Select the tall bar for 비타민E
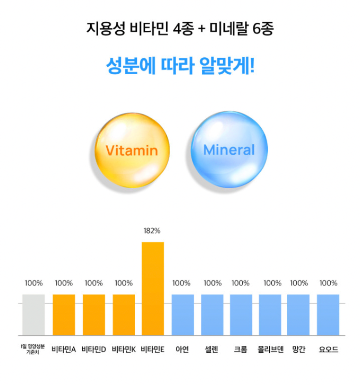(153, 288)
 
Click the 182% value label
(152, 231)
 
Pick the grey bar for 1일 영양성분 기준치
(34, 315)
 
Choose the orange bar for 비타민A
(64, 315)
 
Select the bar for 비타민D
(94, 315)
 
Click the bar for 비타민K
(124, 315)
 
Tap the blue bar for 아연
(182, 315)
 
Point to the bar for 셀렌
(212, 315)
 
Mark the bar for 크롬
(241, 315)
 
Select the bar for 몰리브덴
(270, 315)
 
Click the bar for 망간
(299, 315)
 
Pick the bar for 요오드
(328, 315)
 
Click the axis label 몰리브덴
(271, 350)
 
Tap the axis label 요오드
(328, 350)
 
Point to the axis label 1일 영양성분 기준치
(33, 350)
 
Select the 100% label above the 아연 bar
(181, 283)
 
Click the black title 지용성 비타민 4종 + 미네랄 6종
(180, 29)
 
